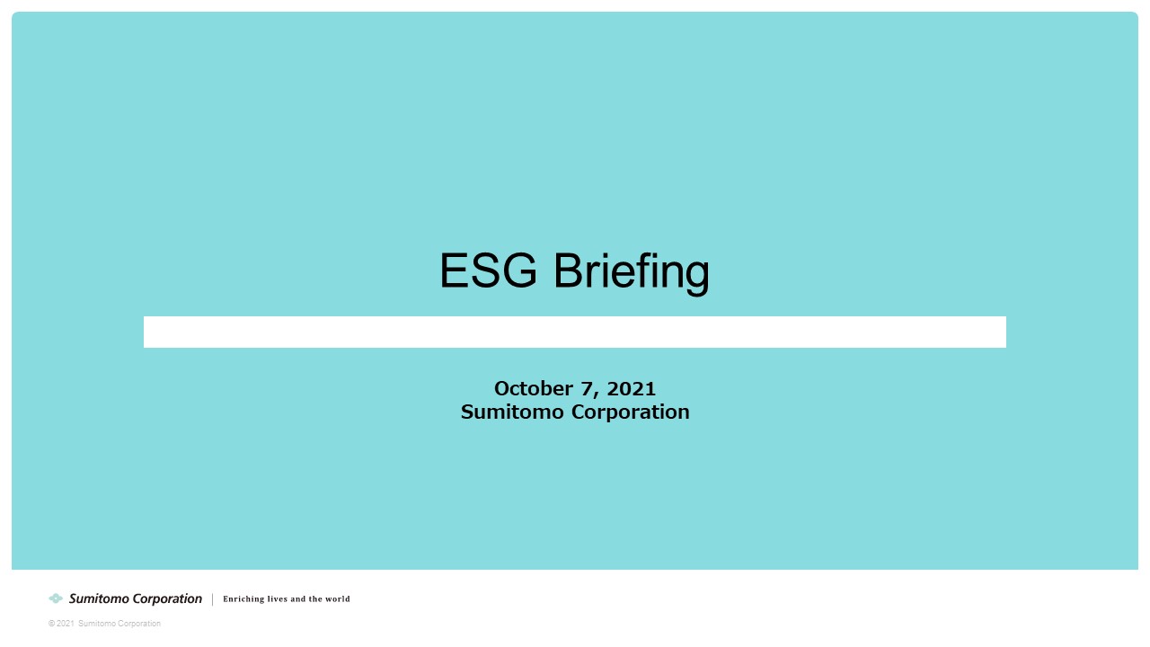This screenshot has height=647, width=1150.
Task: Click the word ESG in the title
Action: click(x=488, y=270)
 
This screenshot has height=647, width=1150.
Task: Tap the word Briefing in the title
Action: click(x=632, y=273)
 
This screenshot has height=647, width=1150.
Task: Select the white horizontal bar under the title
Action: click(x=574, y=332)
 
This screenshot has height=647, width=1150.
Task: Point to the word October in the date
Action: click(x=534, y=389)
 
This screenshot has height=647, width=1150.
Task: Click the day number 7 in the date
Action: click(x=587, y=389)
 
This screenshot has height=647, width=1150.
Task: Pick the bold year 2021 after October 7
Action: click(x=632, y=389)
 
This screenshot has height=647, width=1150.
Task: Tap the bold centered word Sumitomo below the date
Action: click(x=512, y=412)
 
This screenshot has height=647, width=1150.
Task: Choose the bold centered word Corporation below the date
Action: click(x=631, y=412)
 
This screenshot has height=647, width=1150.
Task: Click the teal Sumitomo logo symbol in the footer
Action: click(x=56, y=598)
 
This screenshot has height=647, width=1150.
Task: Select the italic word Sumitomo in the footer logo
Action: click(x=100, y=598)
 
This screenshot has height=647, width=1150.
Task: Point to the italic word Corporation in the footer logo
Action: click(x=167, y=598)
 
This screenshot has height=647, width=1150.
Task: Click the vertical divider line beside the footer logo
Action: click(x=213, y=599)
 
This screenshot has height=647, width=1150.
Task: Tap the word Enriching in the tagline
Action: click(x=243, y=598)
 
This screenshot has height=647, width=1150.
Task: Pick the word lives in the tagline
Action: click(x=278, y=598)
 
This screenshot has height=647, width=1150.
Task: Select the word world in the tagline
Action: click(x=338, y=598)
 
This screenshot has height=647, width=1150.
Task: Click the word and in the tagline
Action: click(x=298, y=598)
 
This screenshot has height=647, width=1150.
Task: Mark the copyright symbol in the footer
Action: click(x=52, y=624)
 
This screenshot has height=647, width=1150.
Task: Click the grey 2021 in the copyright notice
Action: click(x=66, y=624)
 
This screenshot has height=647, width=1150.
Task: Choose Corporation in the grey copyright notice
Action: click(x=137, y=624)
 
